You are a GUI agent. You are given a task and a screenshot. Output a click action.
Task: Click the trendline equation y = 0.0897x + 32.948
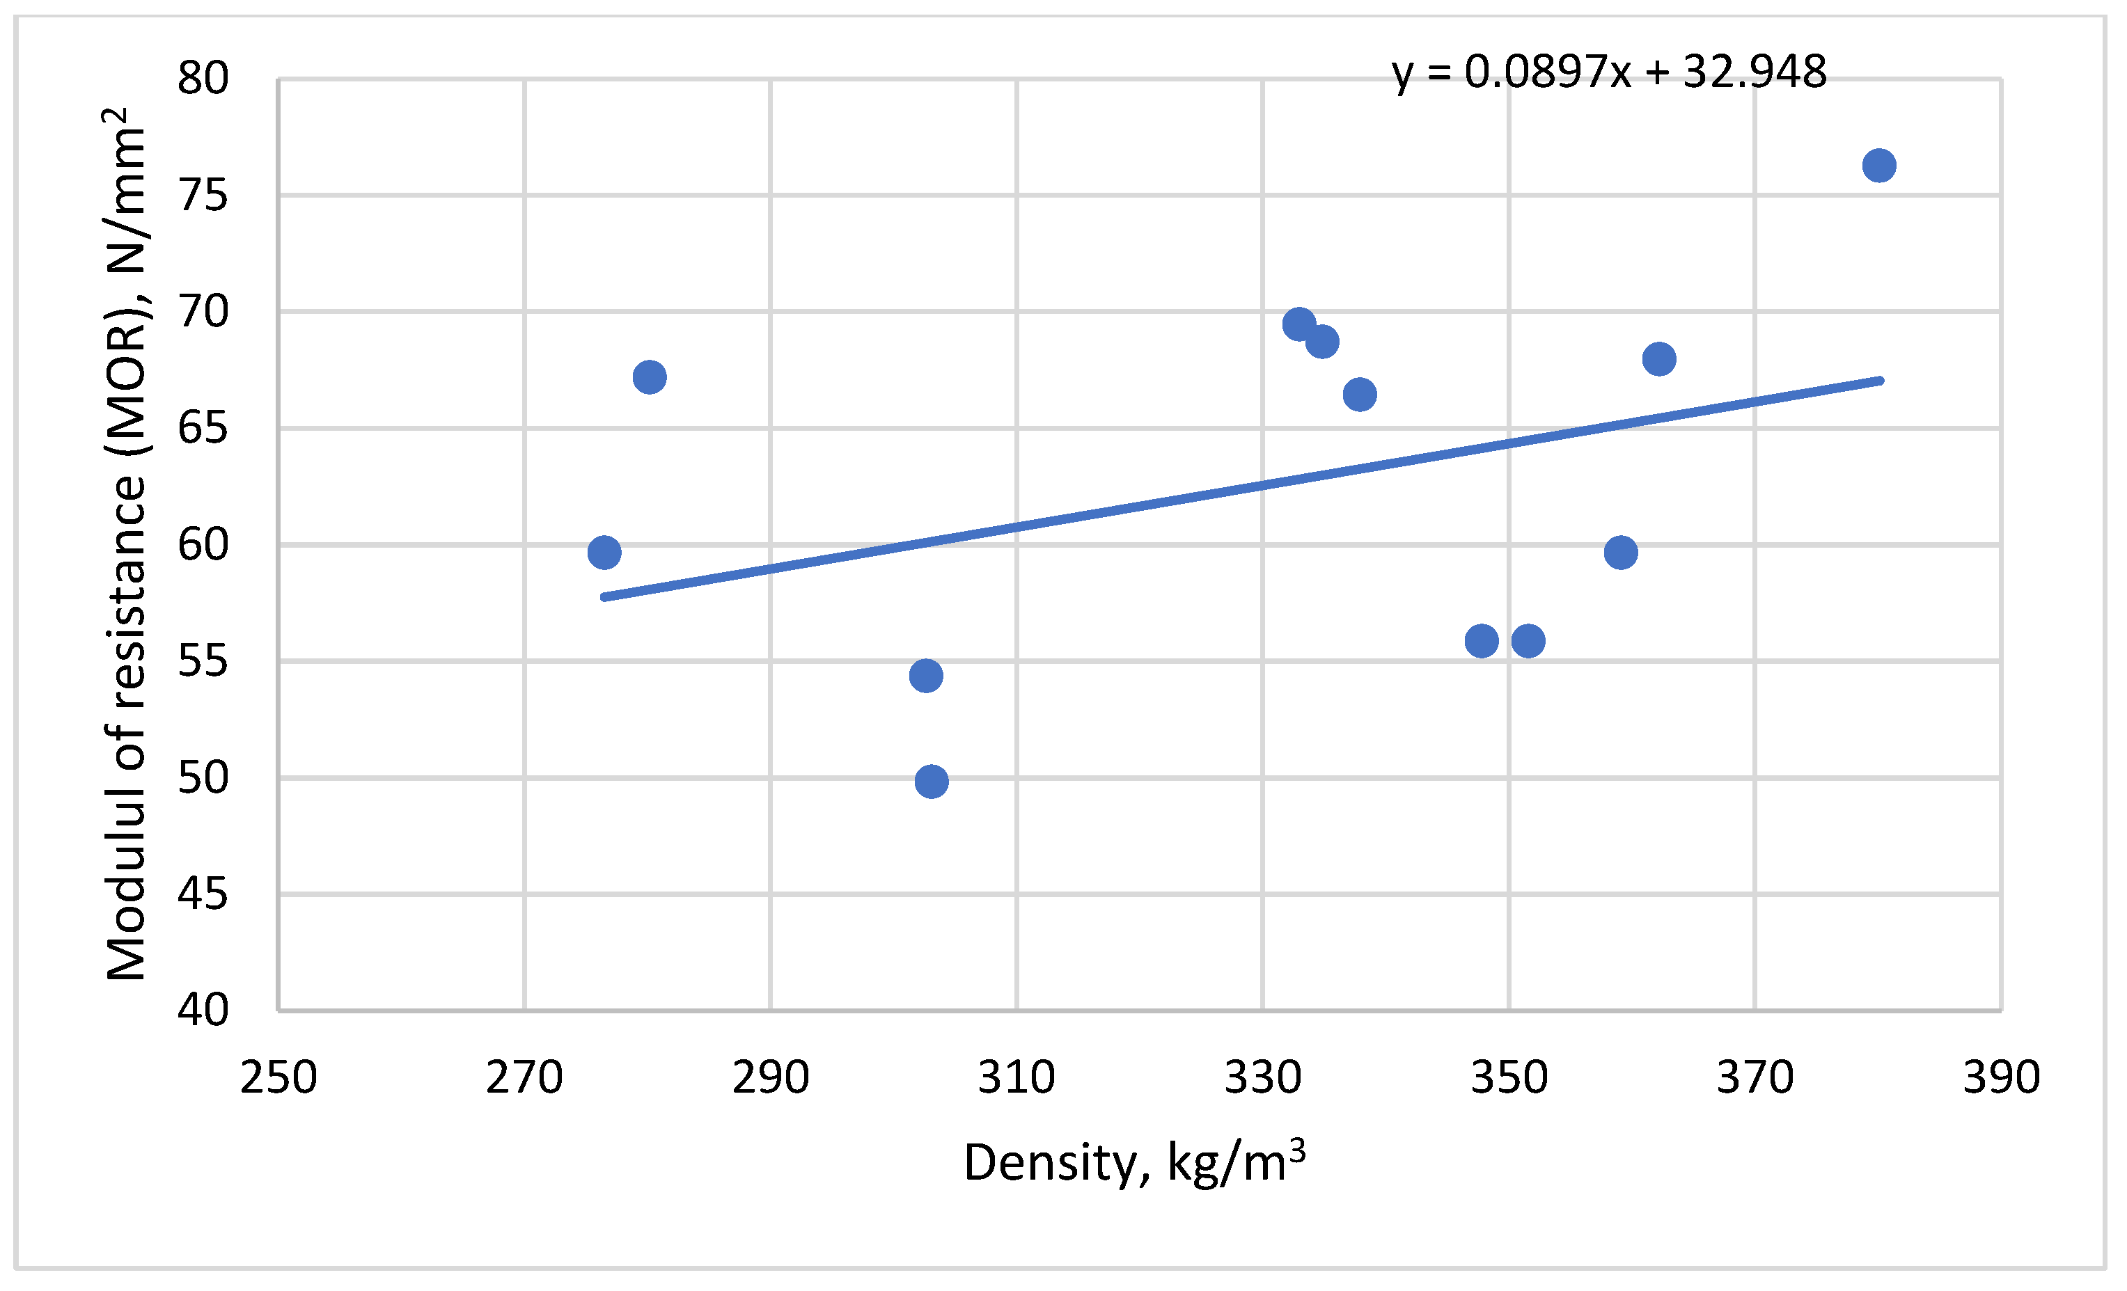pos(1608,72)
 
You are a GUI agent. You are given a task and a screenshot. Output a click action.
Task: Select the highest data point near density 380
pos(1879,166)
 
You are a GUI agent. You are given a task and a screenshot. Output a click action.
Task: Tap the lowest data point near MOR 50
pos(932,782)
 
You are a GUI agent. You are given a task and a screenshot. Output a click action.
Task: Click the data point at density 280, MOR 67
pos(649,377)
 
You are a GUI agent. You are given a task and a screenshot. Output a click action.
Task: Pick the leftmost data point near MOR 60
pos(604,553)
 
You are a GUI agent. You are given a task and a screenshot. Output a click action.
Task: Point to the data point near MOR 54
pos(925,676)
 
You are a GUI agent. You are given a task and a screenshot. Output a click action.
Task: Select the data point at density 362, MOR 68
pos(1659,359)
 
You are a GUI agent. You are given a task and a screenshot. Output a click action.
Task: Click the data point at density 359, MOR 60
pos(1620,553)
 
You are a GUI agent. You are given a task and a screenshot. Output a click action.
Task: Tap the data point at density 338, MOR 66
pos(1360,395)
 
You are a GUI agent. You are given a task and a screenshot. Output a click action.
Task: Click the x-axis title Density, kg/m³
pos(1133,1163)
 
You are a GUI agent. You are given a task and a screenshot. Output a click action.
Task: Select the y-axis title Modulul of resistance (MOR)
pos(126,544)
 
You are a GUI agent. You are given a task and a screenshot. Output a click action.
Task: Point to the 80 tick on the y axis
pos(203,79)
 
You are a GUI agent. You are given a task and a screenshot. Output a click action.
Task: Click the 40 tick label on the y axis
pos(203,1010)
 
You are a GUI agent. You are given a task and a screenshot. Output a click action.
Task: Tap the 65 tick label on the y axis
pos(203,428)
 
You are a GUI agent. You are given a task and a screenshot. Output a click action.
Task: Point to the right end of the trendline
pos(1880,381)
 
